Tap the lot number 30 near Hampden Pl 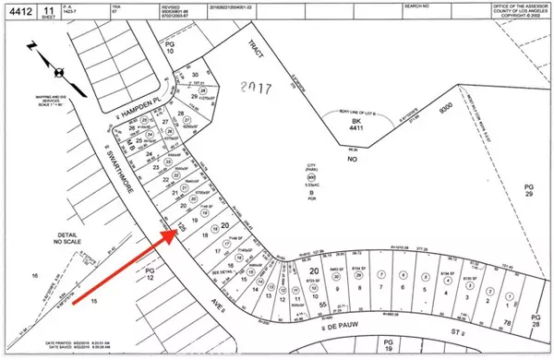click(195, 76)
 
